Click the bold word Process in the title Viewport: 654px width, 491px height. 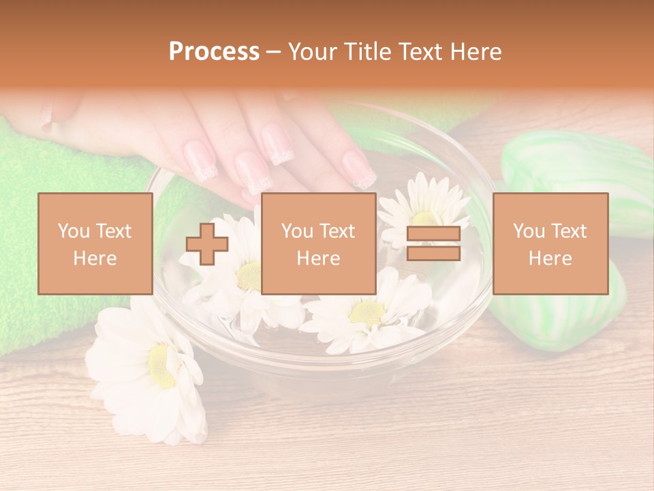click(214, 52)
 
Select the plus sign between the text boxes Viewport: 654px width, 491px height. click(207, 243)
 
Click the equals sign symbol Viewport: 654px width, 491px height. click(433, 243)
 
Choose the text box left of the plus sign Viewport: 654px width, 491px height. click(95, 243)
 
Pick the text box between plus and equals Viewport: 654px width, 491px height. click(318, 243)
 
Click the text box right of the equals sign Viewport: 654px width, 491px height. click(550, 243)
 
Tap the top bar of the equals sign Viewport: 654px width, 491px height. click(433, 234)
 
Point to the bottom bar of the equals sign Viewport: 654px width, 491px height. click(433, 254)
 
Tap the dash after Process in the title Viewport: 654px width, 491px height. click(274, 52)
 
